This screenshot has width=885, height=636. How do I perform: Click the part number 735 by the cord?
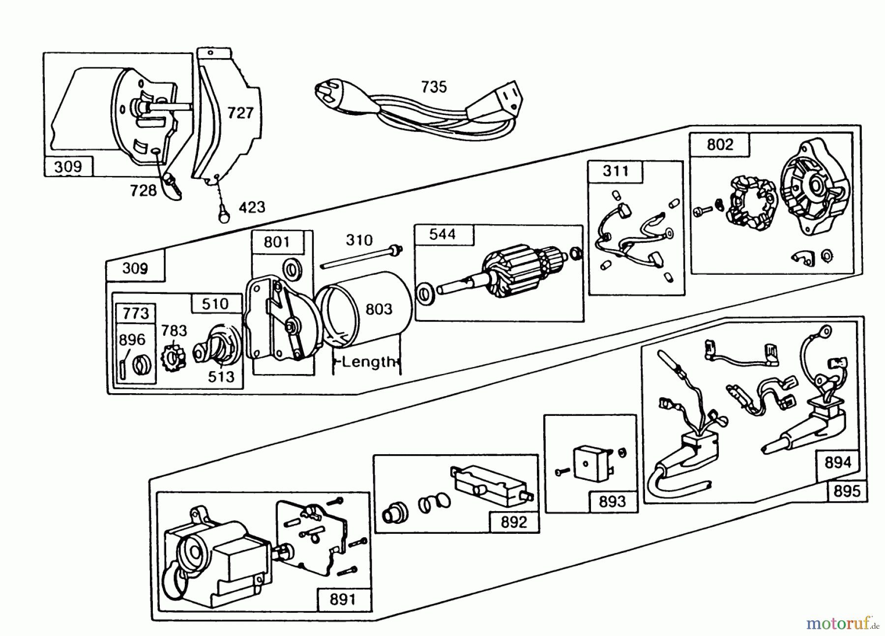point(434,87)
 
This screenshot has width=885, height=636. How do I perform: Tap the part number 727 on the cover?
point(240,113)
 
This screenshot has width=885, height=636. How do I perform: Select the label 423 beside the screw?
point(252,207)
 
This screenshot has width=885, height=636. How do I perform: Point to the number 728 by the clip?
point(143,190)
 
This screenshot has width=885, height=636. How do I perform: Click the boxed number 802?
point(720,145)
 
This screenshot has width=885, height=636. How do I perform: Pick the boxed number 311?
point(616,171)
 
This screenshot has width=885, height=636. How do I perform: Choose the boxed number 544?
point(442,234)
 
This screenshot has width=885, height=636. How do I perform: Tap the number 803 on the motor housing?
point(379,309)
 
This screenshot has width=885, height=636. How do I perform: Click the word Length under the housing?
point(368,362)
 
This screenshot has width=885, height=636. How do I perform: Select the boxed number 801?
point(276,242)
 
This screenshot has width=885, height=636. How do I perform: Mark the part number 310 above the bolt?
point(359,240)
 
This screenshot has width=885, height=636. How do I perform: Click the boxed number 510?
point(215,304)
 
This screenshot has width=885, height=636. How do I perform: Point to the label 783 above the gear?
point(174,330)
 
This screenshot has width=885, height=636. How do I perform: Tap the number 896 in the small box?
point(132,340)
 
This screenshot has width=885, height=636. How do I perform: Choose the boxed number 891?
point(342,600)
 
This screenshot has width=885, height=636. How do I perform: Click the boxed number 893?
point(612,501)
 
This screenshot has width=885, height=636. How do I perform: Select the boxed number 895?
point(847,491)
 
